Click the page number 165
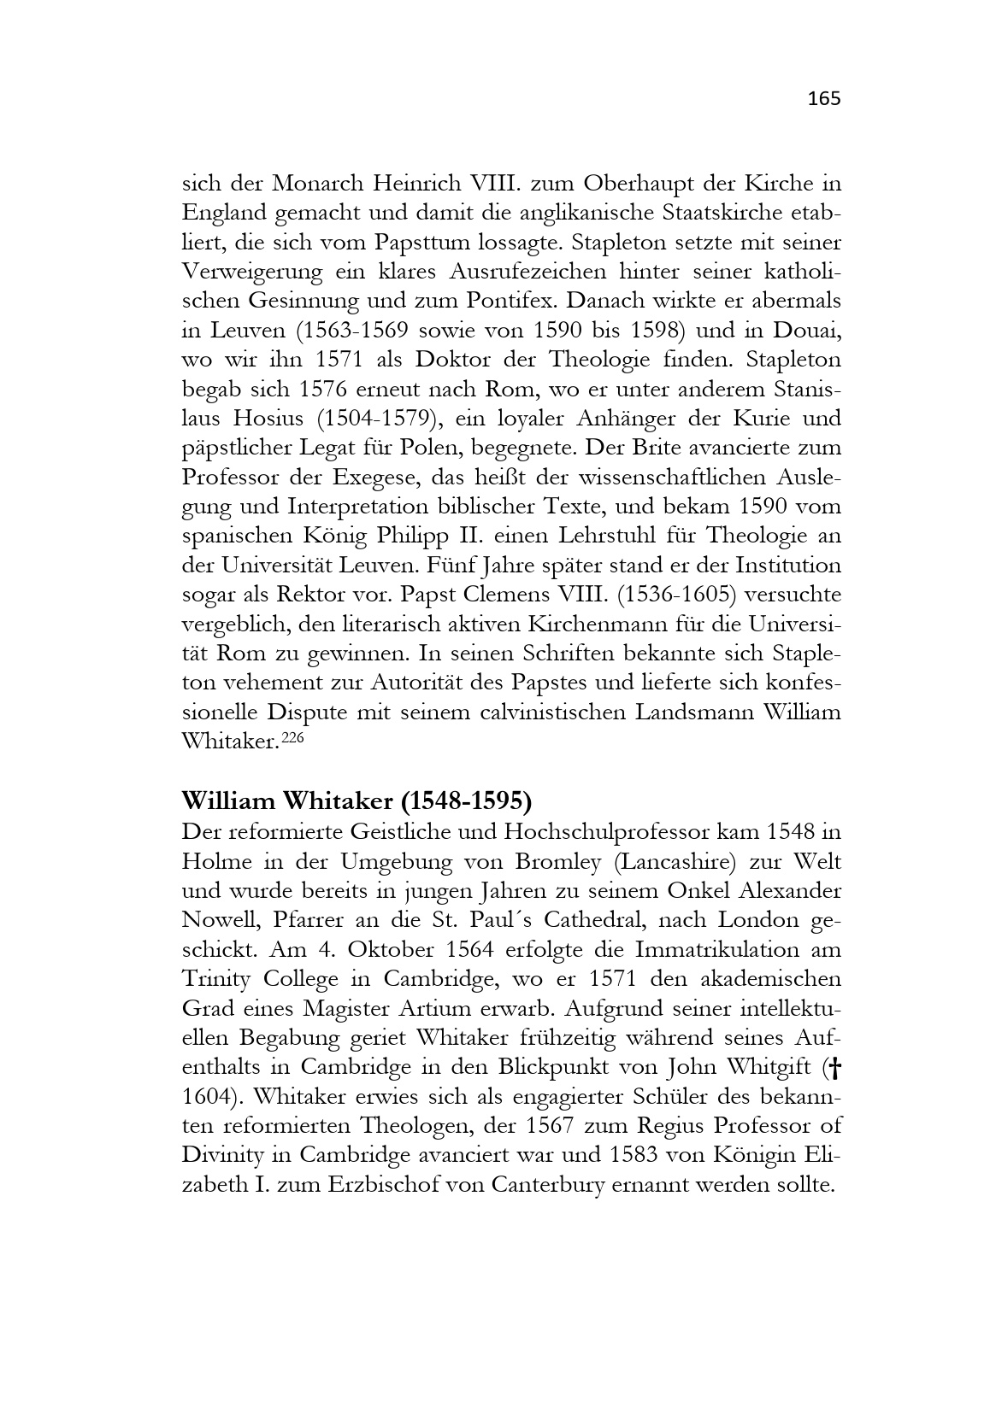(824, 99)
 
